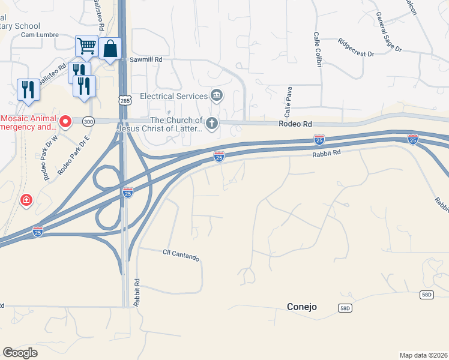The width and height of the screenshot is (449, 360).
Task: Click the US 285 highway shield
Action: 124,101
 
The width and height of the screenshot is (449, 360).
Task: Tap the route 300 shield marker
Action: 89,121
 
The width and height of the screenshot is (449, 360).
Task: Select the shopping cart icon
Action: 86,45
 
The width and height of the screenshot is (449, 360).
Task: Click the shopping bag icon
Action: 111,49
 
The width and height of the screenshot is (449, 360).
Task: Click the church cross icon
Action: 211,124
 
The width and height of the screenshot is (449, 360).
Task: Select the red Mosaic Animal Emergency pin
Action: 65,122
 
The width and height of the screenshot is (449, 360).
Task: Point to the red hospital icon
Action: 26,200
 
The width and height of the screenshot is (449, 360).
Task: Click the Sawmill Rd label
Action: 146,60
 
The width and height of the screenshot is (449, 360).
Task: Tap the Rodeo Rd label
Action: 296,124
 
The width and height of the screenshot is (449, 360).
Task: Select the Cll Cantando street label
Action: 181,254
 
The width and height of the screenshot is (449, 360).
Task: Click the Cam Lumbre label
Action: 40,35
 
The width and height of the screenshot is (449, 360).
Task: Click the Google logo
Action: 20,353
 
